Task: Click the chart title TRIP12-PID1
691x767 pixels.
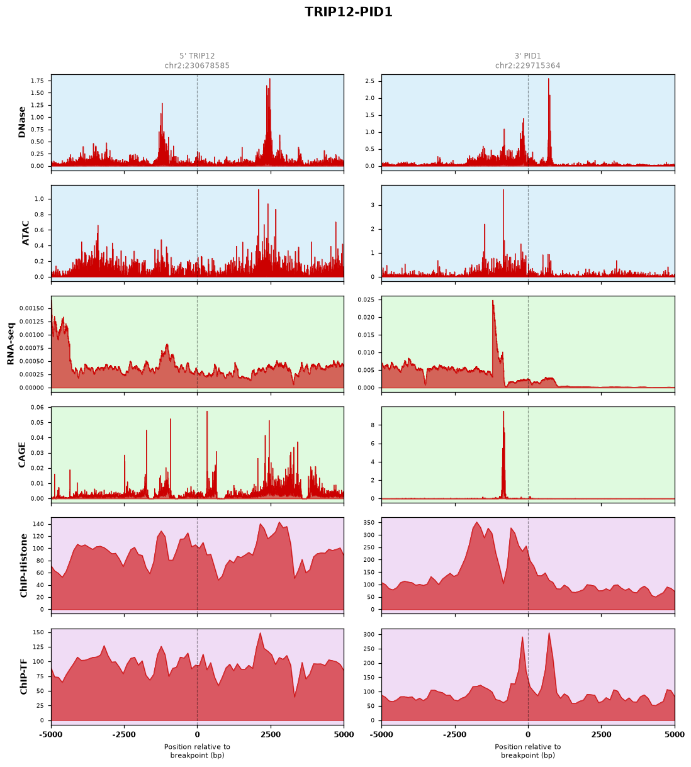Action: pyautogui.click(x=348, y=12)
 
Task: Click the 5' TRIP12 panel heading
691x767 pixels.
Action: pyautogui.click(x=197, y=56)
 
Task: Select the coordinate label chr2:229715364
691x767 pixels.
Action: pyautogui.click(x=527, y=65)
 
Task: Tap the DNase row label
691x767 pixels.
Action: pyautogui.click(x=22, y=122)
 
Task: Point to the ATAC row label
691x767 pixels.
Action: pyautogui.click(x=26, y=233)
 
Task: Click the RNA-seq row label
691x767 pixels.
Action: pyautogui.click(x=10, y=344)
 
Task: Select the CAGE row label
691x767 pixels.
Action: pyautogui.click(x=22, y=455)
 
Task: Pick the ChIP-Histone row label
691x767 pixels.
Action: pyautogui.click(x=24, y=565)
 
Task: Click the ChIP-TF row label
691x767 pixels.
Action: pyautogui.click(x=24, y=676)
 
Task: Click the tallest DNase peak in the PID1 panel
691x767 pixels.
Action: pyautogui.click(x=548, y=79)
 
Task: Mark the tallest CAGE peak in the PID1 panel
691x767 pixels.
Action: pyautogui.click(x=503, y=411)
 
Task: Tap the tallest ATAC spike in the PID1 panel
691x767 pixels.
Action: pyautogui.click(x=503, y=190)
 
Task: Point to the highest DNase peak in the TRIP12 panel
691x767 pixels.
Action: pyautogui.click(x=270, y=79)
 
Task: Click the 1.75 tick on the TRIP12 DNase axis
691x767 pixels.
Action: pyautogui.click(x=38, y=81)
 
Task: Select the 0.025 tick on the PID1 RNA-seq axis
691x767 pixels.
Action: pyautogui.click(x=366, y=300)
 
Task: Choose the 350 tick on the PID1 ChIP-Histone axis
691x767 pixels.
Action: pyautogui.click(x=369, y=523)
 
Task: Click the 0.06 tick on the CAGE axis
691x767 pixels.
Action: pyautogui.click(x=38, y=408)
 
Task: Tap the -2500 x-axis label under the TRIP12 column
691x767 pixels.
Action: pyautogui.click(x=124, y=734)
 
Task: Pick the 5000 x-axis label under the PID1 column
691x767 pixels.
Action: pyautogui.click(x=675, y=734)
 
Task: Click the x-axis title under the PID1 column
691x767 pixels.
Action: pyautogui.click(x=527, y=751)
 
